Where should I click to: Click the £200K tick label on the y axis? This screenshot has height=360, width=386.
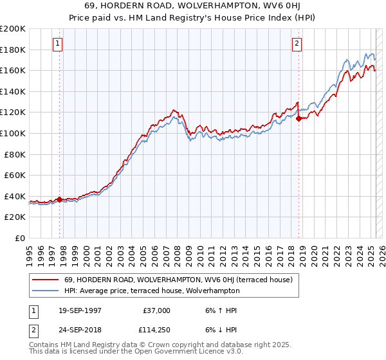pos(13,29)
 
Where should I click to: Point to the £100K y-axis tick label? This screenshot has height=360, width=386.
pos(13,133)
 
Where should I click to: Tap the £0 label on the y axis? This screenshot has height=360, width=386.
pos(20,238)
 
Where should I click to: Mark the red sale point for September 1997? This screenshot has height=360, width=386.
pos(60,199)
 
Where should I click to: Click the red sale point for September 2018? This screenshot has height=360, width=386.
pos(299,118)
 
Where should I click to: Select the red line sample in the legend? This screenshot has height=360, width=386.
pos(46,280)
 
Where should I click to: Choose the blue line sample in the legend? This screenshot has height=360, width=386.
pos(46,291)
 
